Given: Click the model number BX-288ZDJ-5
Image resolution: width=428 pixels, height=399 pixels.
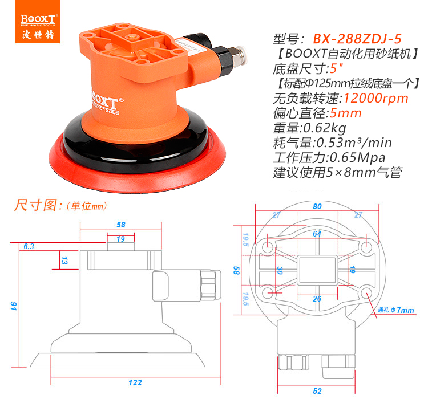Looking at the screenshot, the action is click(x=357, y=39).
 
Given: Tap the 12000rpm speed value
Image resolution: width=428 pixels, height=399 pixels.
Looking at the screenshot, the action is click(x=376, y=98).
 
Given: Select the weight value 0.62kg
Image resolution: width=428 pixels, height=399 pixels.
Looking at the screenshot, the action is click(x=325, y=128).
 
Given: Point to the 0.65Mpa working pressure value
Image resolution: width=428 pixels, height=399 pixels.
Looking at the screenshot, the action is click(x=358, y=158).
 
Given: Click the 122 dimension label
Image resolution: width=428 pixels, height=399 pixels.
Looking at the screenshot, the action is click(x=135, y=382).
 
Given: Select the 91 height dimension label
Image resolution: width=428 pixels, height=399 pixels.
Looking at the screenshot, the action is click(x=13, y=306).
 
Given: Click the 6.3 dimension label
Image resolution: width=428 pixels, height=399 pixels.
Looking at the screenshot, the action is click(x=29, y=247).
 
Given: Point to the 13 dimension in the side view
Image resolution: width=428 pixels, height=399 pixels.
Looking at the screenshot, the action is click(x=64, y=260).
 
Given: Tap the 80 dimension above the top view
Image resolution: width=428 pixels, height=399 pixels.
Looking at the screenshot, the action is click(x=317, y=206).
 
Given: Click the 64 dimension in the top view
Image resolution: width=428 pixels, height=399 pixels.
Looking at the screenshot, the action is click(x=317, y=234).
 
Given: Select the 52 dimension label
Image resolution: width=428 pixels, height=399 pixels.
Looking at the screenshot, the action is click(x=317, y=391).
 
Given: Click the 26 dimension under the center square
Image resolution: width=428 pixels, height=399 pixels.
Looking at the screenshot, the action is click(x=317, y=299).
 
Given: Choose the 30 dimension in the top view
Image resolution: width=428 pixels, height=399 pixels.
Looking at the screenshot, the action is click(x=280, y=270).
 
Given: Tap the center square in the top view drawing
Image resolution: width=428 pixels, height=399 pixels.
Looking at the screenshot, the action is click(x=317, y=270).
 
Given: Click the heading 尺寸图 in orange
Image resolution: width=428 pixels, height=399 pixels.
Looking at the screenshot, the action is click(x=35, y=205).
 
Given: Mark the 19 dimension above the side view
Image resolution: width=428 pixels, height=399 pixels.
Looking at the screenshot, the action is click(x=120, y=239).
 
